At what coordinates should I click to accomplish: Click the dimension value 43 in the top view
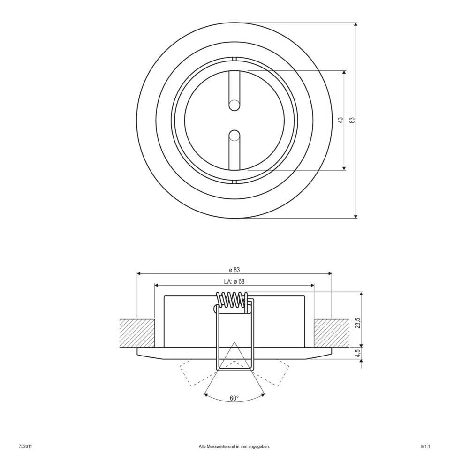(x=340, y=120)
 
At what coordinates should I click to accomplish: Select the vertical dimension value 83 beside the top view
(x=351, y=120)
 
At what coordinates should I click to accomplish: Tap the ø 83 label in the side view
(x=234, y=269)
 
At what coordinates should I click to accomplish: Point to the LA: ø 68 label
(x=234, y=281)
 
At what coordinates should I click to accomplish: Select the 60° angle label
(x=234, y=398)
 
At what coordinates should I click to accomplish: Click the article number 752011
(x=25, y=447)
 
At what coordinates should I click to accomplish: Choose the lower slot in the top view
(x=234, y=150)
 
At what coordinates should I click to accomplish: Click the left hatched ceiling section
(x=137, y=333)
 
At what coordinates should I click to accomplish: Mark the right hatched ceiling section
(x=331, y=333)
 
